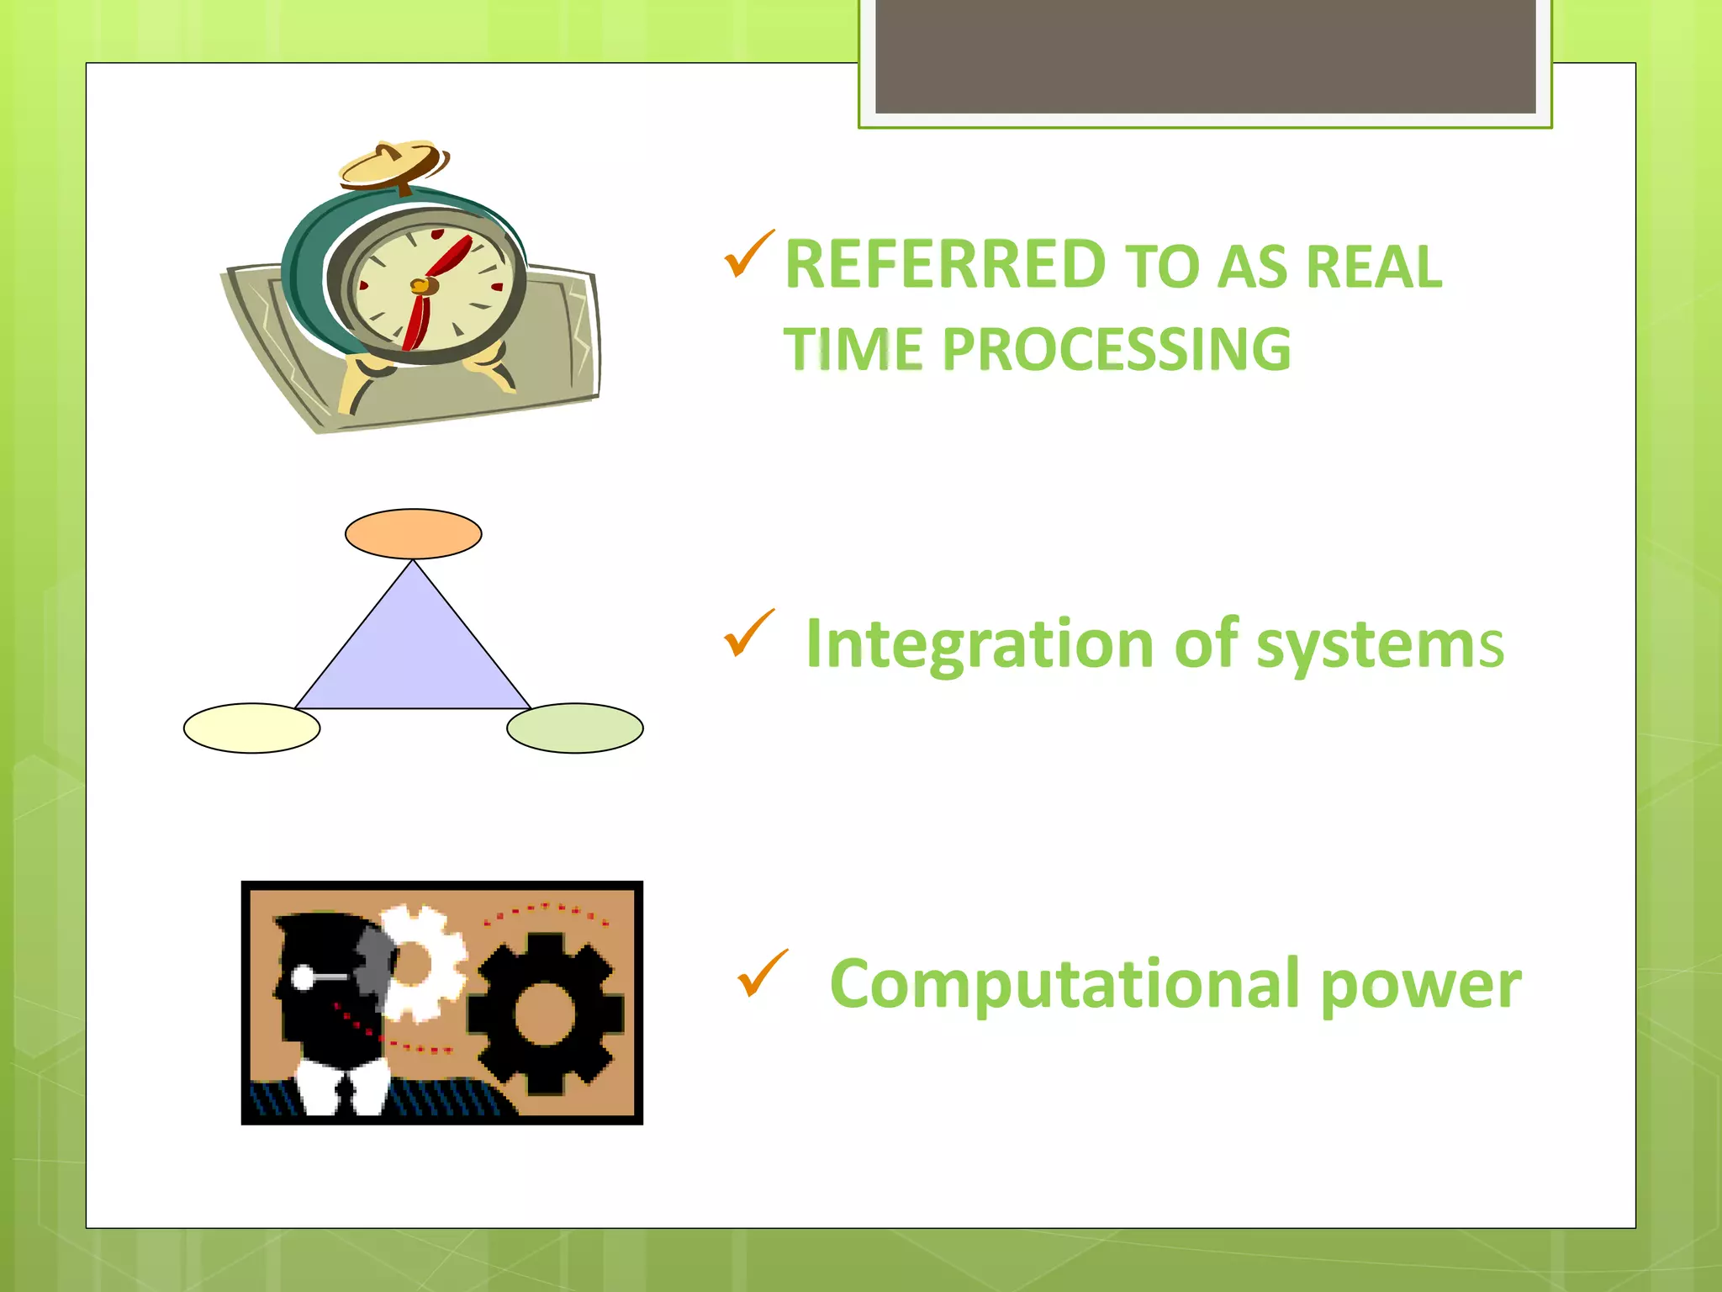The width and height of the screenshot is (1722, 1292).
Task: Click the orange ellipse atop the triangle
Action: [413, 533]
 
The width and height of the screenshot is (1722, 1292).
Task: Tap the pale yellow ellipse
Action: [251, 728]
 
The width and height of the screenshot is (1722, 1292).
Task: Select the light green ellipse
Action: [575, 728]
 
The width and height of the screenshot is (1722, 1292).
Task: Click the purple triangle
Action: [413, 656]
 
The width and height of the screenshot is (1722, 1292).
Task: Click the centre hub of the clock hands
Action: [421, 286]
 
